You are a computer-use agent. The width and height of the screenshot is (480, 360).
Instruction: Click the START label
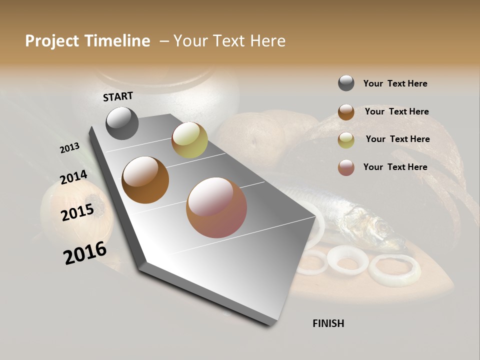[118, 96]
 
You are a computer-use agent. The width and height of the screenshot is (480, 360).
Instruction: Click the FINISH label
[328, 323]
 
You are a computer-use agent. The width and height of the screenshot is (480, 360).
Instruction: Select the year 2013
[69, 148]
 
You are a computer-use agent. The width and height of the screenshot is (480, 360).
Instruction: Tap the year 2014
[73, 177]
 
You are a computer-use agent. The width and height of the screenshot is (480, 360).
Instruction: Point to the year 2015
[77, 212]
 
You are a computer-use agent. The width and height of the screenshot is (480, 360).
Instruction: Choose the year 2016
[85, 252]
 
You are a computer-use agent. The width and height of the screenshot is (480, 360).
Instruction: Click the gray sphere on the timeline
[122, 123]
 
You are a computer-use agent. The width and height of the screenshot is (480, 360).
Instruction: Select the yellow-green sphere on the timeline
[189, 140]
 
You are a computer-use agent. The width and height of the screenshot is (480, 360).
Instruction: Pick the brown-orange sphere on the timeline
[145, 180]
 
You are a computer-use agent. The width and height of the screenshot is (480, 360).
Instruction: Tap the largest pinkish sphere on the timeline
[216, 207]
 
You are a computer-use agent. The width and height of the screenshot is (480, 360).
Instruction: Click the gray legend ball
[346, 83]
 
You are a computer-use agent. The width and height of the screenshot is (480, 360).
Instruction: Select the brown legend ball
[346, 111]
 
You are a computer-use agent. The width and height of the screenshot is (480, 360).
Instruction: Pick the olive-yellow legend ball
[346, 140]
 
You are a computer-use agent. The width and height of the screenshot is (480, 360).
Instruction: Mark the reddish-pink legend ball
[346, 167]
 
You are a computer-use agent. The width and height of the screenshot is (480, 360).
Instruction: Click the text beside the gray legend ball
[395, 83]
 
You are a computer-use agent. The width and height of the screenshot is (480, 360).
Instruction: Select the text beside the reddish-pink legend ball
[395, 167]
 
